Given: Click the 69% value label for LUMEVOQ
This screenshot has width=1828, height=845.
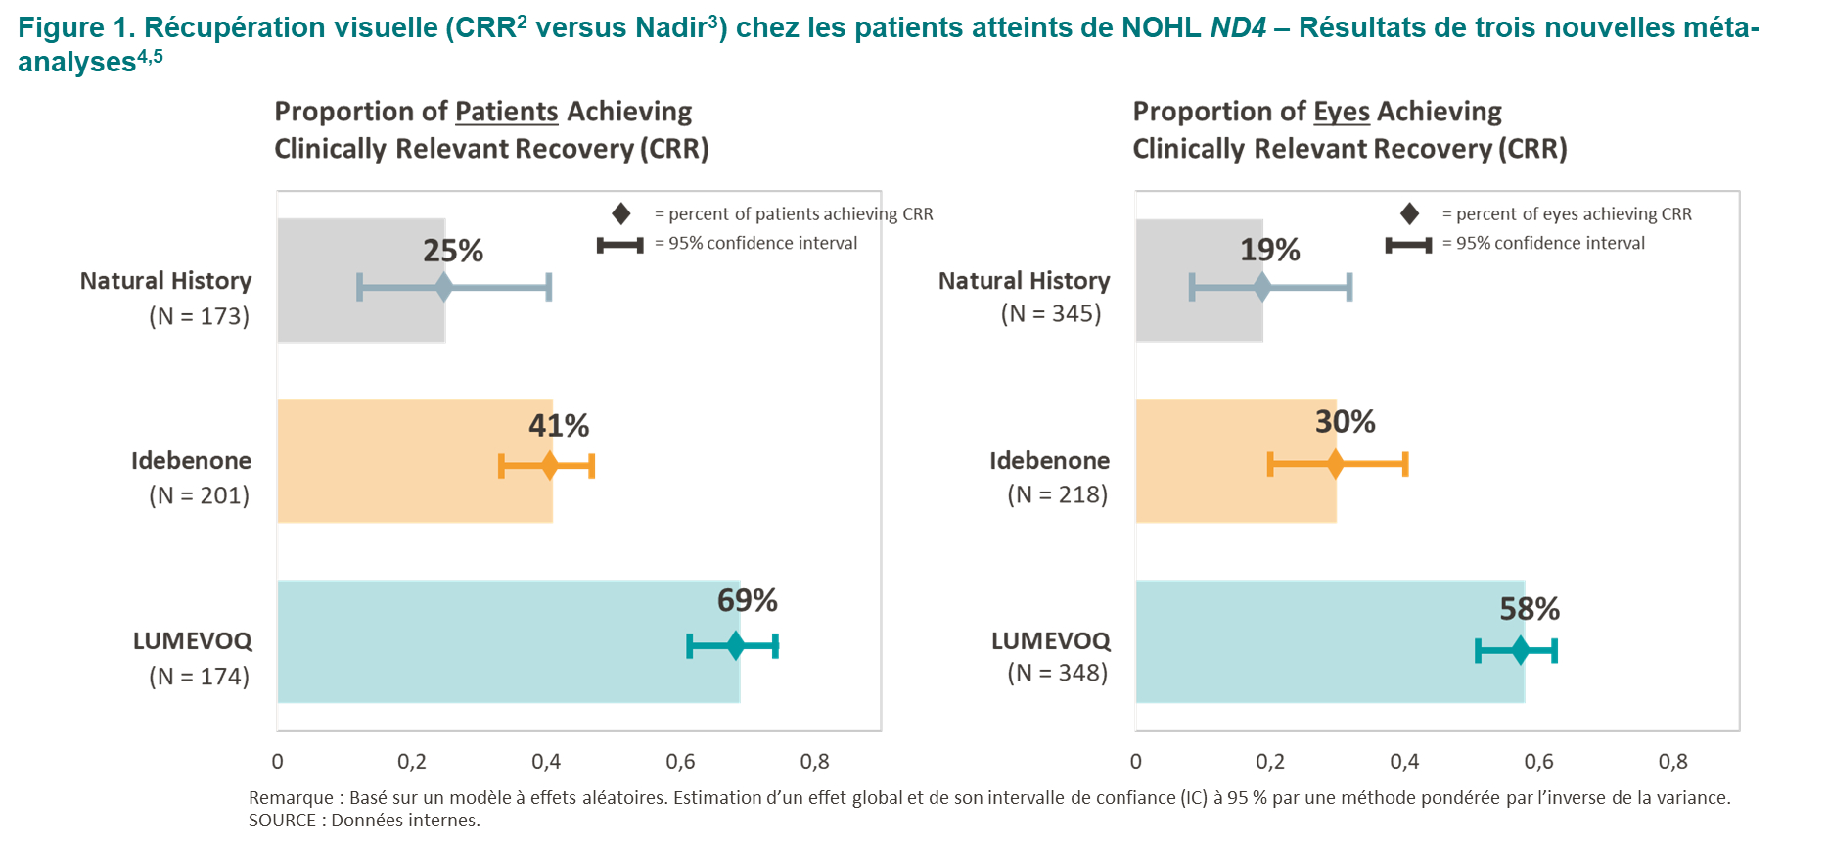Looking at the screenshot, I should click(x=747, y=600).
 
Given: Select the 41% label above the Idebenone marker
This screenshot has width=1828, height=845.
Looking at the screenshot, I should click(x=559, y=426).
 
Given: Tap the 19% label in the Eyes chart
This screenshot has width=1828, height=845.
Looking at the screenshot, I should click(x=1269, y=251).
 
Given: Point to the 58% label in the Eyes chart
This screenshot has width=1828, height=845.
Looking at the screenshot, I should click(x=1530, y=609).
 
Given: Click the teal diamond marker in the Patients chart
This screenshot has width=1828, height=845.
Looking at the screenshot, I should click(x=736, y=646).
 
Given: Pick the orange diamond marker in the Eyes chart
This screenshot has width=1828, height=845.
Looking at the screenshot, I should click(x=1335, y=464).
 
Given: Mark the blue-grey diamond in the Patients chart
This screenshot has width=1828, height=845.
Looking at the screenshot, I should click(x=444, y=288).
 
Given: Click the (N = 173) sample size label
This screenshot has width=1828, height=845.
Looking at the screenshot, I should click(x=200, y=316).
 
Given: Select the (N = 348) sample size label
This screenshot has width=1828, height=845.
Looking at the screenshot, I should click(x=1058, y=673).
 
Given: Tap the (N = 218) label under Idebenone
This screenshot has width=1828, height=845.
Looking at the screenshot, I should click(x=1058, y=494).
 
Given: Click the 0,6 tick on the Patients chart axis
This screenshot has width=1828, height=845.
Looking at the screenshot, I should click(x=680, y=762).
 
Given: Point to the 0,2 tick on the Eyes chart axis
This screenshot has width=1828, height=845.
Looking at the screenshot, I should click(x=1270, y=762).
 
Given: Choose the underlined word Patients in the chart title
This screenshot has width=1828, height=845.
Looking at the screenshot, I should click(x=506, y=112).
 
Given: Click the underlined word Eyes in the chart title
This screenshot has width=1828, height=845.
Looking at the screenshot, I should click(x=1341, y=112).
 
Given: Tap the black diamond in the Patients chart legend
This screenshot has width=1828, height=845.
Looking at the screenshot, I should click(x=621, y=213).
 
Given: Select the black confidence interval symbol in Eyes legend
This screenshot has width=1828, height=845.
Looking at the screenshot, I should click(x=1408, y=244).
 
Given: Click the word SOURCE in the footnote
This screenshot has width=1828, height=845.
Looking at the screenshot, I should click(x=282, y=821).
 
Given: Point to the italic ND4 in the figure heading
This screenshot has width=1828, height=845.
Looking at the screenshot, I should click(x=1238, y=27).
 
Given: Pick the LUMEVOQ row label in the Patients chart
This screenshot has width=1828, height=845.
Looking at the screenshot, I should click(x=193, y=641).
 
